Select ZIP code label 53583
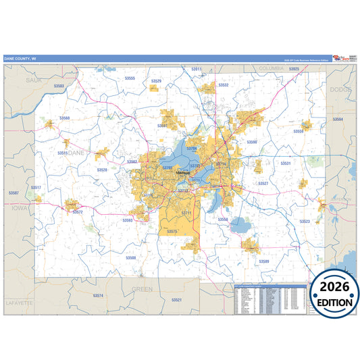(x=59, y=86)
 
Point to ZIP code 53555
(x=130, y=78)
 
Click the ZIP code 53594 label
(x=337, y=120)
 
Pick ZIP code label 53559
(x=298, y=131)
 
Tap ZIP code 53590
(x=252, y=142)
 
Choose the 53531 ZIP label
(x=285, y=163)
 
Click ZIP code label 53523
(x=305, y=221)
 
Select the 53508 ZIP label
(x=130, y=257)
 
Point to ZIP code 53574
(x=98, y=295)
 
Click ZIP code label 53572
(x=78, y=212)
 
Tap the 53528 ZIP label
(x=102, y=170)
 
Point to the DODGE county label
(x=337, y=89)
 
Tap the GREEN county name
(x=142, y=288)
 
